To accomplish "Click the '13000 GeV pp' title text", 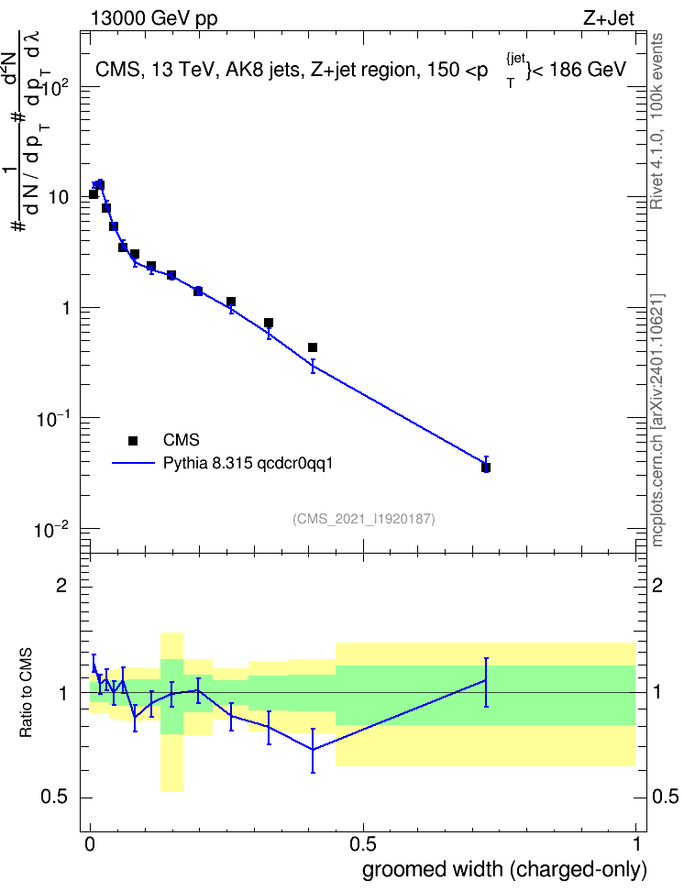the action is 154,18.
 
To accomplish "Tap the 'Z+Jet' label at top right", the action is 609,18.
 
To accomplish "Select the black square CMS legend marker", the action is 133,440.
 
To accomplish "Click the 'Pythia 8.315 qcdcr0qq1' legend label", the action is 248,464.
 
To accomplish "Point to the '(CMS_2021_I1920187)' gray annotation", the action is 364,519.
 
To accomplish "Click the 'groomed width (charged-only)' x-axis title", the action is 504,869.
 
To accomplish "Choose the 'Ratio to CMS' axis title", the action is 26,693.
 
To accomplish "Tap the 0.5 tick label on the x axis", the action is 363,844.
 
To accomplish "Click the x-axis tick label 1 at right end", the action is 636,844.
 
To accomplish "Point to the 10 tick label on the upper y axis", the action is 59,198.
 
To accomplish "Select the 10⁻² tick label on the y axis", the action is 51,530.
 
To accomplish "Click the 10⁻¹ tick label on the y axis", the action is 51,419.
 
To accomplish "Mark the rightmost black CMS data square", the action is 486,467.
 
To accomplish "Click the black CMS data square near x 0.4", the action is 313,347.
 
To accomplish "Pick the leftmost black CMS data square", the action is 94,194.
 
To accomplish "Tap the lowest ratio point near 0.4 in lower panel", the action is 313,750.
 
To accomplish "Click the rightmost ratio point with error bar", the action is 486,680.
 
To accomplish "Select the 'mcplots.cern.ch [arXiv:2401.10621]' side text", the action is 657,421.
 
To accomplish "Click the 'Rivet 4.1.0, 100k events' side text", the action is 656,121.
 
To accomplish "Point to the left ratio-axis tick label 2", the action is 61,585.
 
